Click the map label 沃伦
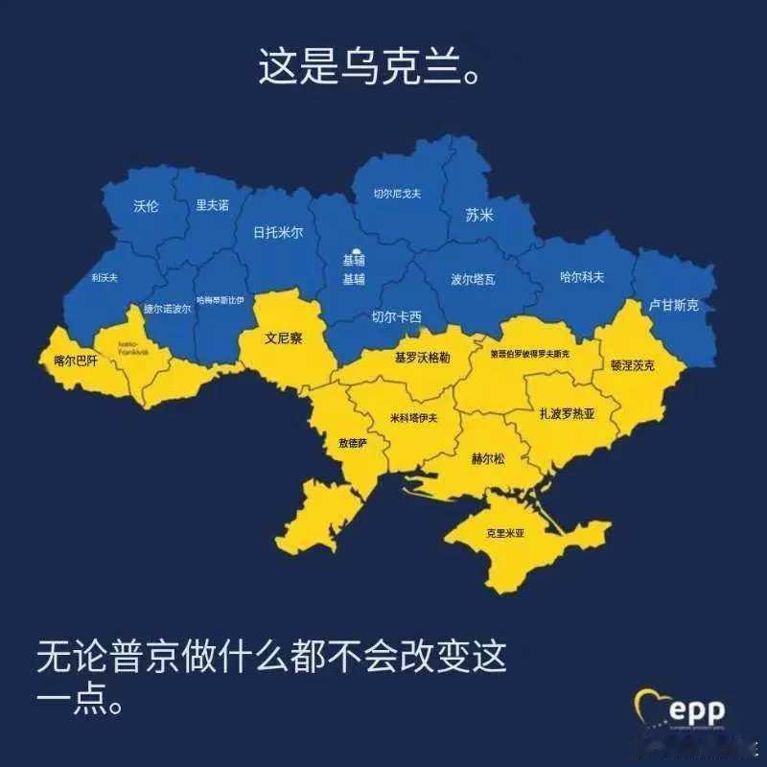[x=146, y=206]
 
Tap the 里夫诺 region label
[x=212, y=205]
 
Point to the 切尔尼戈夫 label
[x=397, y=194]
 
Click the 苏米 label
[x=479, y=216]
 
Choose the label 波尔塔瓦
[x=474, y=280]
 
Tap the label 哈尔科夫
[x=582, y=277]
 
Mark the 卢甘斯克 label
[x=674, y=305]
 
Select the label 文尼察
[x=284, y=338]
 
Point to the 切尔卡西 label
[x=397, y=317]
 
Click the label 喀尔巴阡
[x=76, y=361]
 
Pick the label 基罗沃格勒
[x=422, y=358]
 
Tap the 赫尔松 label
[x=487, y=458]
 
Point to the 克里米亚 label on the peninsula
[x=505, y=533]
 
